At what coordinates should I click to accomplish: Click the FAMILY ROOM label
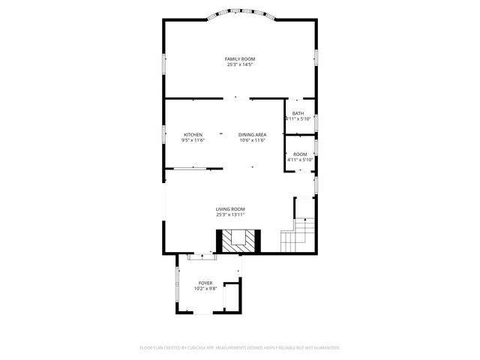240,58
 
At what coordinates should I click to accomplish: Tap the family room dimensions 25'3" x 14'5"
240,64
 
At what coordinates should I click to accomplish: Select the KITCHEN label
193,134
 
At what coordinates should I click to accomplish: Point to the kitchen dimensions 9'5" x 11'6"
193,140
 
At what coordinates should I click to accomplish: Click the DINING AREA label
253,134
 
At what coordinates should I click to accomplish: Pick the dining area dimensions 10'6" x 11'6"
253,140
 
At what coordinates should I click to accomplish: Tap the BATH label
298,113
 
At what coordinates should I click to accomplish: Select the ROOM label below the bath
300,154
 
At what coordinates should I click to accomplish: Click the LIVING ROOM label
230,209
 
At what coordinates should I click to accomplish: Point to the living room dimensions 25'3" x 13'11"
230,215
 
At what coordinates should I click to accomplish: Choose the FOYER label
205,283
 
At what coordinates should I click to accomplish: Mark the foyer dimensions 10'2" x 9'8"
205,289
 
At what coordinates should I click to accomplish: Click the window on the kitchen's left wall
165,134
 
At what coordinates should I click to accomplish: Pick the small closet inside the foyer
232,298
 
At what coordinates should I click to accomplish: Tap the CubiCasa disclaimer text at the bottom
240,348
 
